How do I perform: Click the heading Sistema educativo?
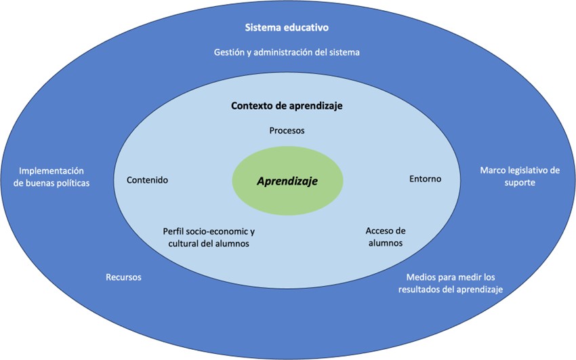coord(287,28)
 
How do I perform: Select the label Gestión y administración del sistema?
coord(287,52)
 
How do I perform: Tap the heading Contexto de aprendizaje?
coord(287,106)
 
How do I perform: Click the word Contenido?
coord(147,180)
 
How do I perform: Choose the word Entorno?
coord(425,179)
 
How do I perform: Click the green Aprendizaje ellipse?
coord(287,182)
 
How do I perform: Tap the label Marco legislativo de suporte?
coord(520,176)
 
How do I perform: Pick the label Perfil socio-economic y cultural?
coord(209,237)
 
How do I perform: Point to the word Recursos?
coord(123,277)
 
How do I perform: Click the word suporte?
coord(520,183)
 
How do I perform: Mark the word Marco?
coord(492,170)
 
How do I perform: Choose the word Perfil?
coord(174,231)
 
